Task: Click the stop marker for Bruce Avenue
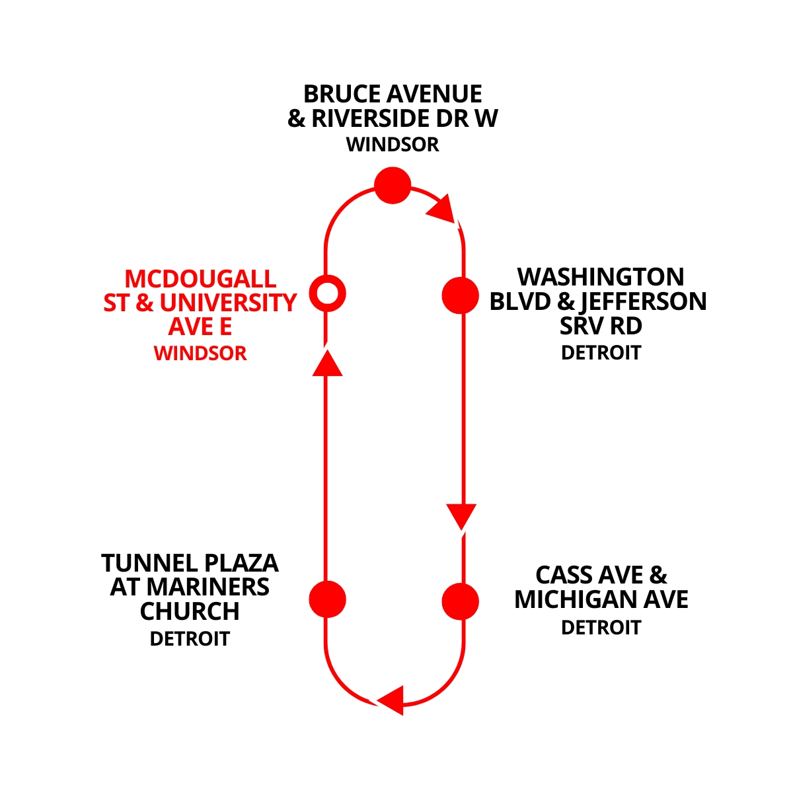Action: click(393, 185)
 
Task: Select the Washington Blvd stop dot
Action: click(460, 295)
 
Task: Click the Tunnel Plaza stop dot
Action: click(328, 599)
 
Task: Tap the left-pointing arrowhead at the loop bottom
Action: click(391, 700)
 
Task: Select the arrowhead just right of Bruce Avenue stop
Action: click(442, 209)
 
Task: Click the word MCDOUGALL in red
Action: click(200, 278)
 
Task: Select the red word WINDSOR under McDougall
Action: click(200, 354)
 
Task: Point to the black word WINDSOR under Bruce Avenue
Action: click(393, 145)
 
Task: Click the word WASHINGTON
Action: click(601, 277)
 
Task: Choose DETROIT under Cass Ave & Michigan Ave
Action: click(601, 627)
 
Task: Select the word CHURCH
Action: click(190, 612)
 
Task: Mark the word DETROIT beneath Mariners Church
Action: click(190, 639)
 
